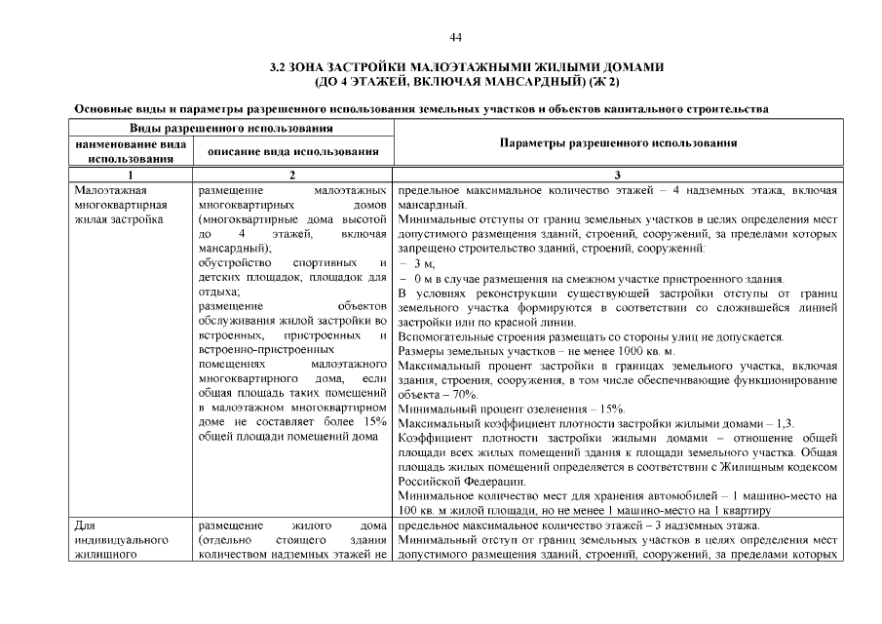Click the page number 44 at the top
point(455,37)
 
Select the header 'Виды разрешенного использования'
point(232,128)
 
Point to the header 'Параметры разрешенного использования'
point(617,143)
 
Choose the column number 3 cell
point(617,174)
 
